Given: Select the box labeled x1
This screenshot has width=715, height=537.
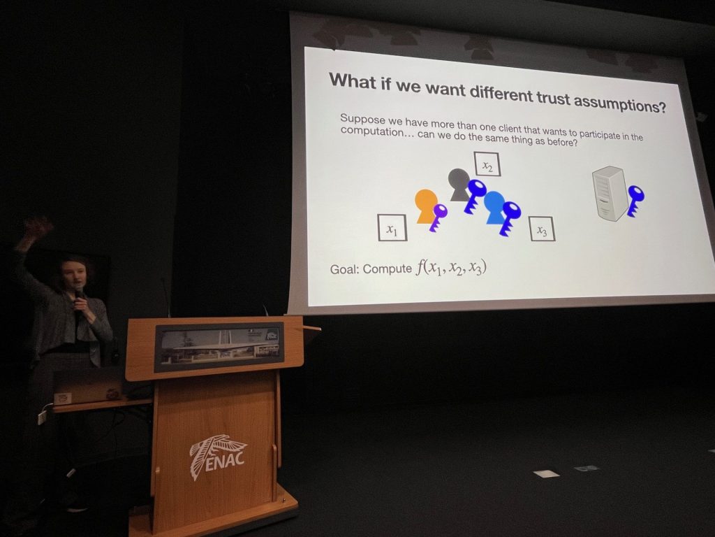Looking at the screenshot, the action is (392, 227).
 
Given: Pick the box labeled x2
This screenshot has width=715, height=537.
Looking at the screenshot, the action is (487, 164).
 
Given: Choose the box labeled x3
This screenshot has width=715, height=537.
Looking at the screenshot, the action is (542, 229).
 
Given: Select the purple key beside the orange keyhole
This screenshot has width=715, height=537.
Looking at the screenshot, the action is (438, 217).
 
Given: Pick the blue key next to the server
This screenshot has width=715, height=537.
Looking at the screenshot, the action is (635, 200).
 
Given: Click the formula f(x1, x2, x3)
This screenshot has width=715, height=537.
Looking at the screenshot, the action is (451, 268).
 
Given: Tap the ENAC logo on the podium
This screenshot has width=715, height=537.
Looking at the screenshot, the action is (218, 456).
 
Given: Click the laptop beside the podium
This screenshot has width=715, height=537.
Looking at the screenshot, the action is (88, 387).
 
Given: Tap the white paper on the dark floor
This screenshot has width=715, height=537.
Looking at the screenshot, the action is (546, 474).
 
